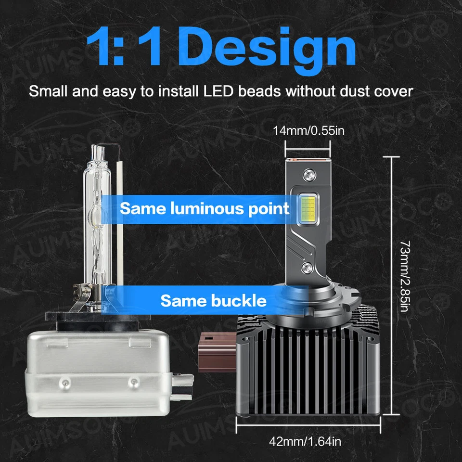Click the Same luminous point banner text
point(205,209)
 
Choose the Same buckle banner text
point(213,301)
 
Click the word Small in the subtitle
point(48,91)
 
